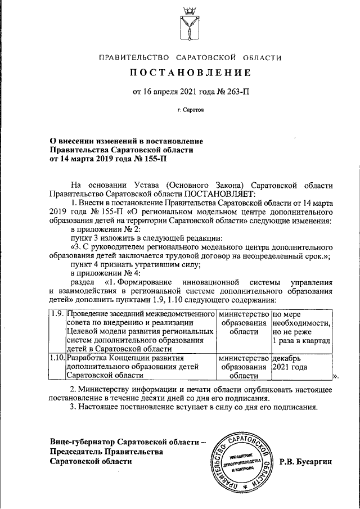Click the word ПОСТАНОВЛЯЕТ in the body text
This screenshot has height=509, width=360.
coord(224,194)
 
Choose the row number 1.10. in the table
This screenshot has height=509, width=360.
coord(57,358)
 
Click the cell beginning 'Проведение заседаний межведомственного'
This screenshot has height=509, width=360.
coord(141,332)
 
